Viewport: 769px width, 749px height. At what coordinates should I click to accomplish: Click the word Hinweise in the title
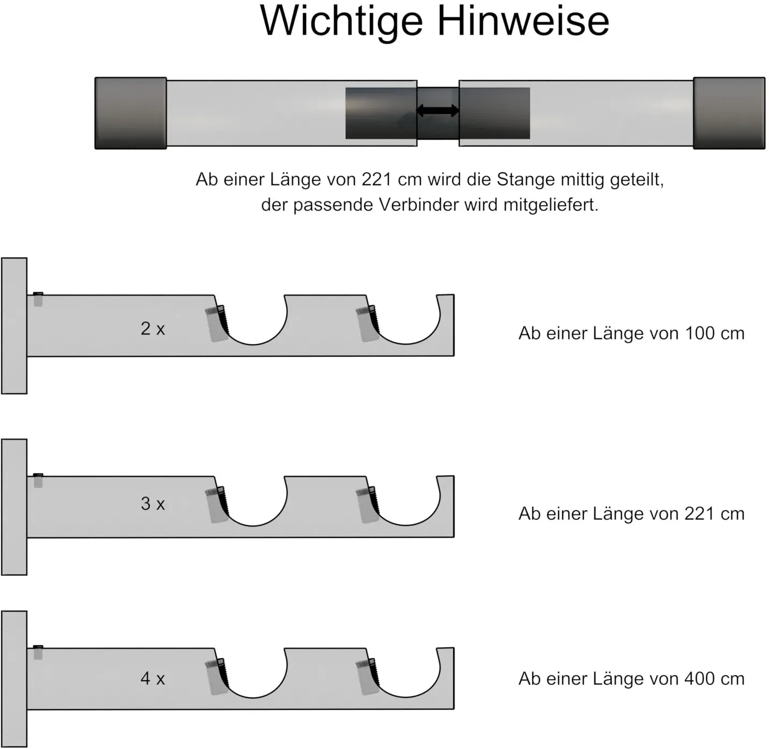(x=523, y=21)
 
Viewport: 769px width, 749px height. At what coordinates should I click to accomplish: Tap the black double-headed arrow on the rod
(x=438, y=111)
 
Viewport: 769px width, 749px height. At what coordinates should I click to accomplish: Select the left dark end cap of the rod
(x=131, y=113)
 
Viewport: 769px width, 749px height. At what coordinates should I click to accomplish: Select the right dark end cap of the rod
(x=729, y=113)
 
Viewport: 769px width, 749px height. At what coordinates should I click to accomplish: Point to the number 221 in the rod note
(x=376, y=179)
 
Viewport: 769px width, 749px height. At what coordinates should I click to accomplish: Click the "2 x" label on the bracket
(x=153, y=329)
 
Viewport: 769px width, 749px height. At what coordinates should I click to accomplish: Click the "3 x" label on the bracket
(x=153, y=503)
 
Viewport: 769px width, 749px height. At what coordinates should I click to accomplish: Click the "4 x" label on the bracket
(x=153, y=678)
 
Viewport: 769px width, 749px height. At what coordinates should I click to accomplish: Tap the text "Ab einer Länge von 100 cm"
(x=632, y=333)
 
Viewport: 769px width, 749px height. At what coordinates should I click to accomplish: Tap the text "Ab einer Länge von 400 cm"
(x=632, y=679)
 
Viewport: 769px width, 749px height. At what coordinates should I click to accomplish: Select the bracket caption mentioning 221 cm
(x=632, y=514)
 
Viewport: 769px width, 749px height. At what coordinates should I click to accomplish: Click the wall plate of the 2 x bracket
(x=14, y=326)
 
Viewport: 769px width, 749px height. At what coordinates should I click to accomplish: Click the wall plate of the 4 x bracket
(x=14, y=679)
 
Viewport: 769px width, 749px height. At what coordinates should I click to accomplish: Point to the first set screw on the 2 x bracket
(x=217, y=323)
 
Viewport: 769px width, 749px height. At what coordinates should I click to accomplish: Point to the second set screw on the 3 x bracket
(x=368, y=505)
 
